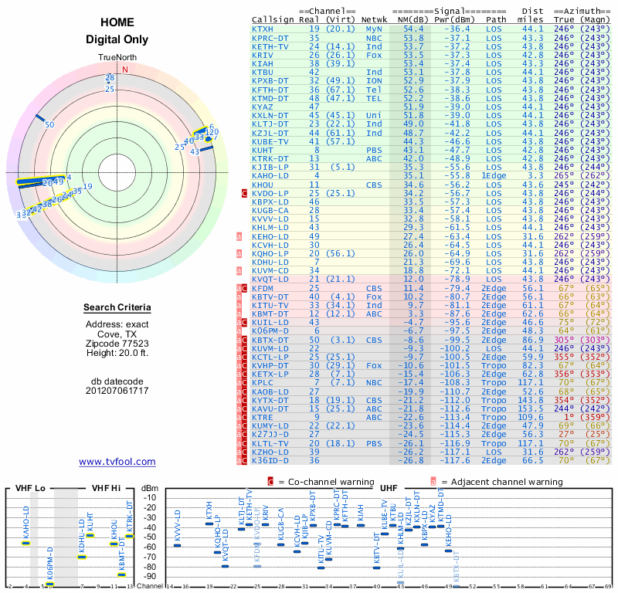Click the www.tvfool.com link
117,462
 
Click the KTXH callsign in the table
263,29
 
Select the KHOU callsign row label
263,185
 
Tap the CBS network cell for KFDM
373,287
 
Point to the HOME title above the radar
117,23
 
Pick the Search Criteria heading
117,308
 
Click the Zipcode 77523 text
117,343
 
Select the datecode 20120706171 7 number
117,390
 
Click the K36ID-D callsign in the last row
267,460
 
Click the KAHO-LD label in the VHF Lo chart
26,524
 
